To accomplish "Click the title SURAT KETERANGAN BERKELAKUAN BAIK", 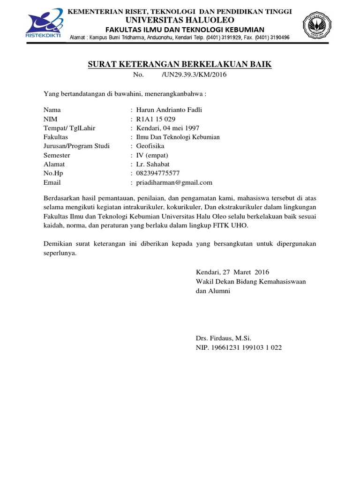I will point(180,64).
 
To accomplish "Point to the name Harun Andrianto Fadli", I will point(169,110).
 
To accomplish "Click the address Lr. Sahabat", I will point(152,164).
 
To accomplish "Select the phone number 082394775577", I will point(158,173).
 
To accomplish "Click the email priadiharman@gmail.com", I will point(174,182).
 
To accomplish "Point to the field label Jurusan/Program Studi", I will point(76,146).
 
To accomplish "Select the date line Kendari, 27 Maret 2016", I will point(232,272).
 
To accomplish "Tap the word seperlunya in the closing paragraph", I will point(60,253).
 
